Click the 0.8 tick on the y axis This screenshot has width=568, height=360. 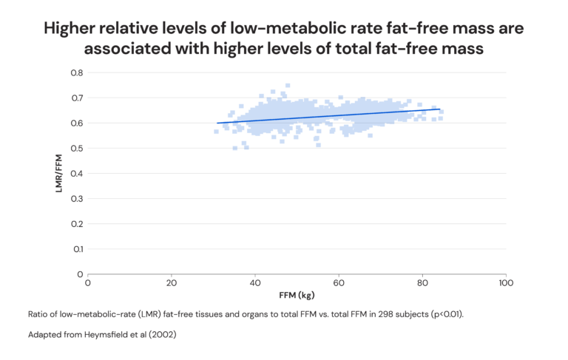pos(77,73)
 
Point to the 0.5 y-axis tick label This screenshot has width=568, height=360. pos(77,149)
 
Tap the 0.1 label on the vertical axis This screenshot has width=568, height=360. pos(78,249)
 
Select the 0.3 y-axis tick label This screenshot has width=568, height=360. pos(77,199)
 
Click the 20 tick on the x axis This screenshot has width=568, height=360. pos(172,283)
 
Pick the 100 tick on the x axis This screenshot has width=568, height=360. pos(505,283)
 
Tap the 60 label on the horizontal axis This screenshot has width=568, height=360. pos(338,283)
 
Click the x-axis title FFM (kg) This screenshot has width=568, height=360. pos(297,296)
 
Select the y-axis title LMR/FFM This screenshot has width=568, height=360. pos(59,174)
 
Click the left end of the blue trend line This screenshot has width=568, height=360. pos(217,123)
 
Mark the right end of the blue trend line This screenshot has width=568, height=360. pos(440,109)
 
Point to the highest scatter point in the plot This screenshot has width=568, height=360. pos(288,85)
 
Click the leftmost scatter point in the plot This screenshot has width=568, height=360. pos(216,132)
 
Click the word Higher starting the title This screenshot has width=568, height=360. pos(74,29)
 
